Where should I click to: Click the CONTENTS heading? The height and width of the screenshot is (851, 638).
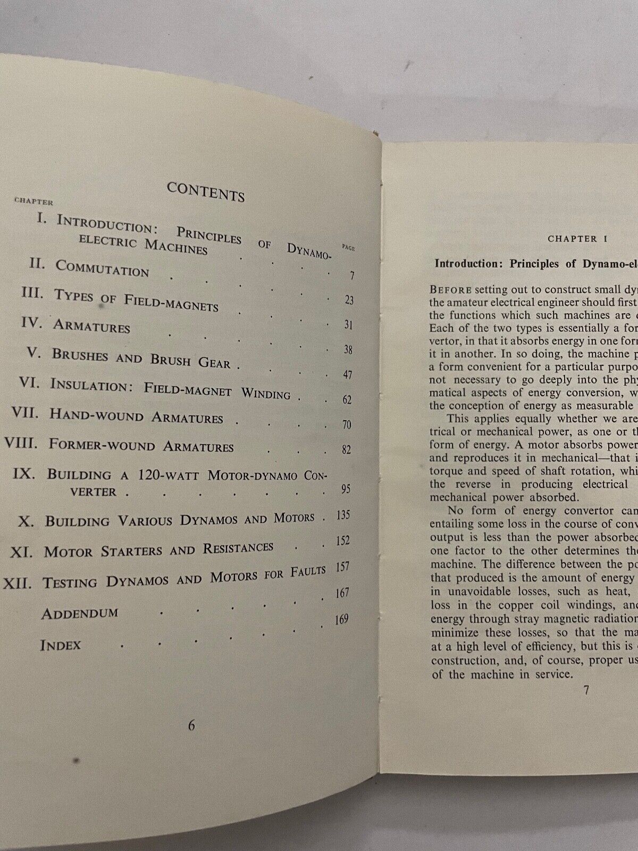tap(206, 192)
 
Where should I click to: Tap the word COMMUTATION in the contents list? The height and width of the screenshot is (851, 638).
tap(102, 268)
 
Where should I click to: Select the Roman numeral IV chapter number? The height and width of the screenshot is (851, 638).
tap(32, 323)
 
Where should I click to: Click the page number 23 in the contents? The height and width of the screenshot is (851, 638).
tap(349, 300)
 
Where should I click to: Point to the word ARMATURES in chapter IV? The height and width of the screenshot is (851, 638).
tap(91, 326)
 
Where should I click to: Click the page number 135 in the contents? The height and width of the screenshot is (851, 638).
tap(343, 515)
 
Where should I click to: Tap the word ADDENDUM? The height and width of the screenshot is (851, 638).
tap(80, 613)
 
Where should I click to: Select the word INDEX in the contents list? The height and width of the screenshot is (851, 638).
tap(60, 645)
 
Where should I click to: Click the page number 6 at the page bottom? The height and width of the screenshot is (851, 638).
tap(191, 725)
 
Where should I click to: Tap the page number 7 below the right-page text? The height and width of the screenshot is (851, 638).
tap(586, 690)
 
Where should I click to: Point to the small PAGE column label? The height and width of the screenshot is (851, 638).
tap(349, 248)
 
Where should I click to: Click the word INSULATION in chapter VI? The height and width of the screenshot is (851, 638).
tap(91, 385)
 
